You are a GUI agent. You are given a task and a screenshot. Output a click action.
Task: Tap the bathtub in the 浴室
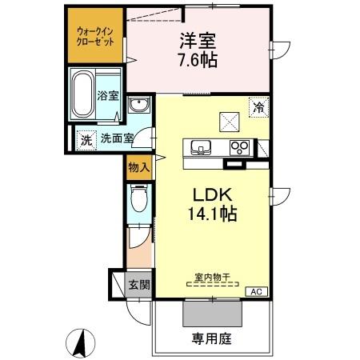click(83, 94)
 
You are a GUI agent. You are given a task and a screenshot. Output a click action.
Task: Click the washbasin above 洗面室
click(139, 106)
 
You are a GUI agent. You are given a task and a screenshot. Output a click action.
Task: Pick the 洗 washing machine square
click(86, 138)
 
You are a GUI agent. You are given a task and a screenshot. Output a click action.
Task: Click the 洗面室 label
click(117, 138)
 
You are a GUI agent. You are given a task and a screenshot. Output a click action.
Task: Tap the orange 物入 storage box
click(138, 166)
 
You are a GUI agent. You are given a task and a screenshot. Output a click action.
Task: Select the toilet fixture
click(139, 199)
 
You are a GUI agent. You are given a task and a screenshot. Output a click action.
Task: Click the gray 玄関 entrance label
click(138, 283)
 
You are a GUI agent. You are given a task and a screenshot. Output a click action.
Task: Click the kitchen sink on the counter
click(199, 146)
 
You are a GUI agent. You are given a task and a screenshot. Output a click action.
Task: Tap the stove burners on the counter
click(239, 146)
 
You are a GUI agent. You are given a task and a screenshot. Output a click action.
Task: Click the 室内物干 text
click(212, 278)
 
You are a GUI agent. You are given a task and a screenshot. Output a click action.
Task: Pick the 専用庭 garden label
click(211, 339)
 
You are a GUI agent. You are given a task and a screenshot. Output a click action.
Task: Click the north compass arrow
click(81, 343)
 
